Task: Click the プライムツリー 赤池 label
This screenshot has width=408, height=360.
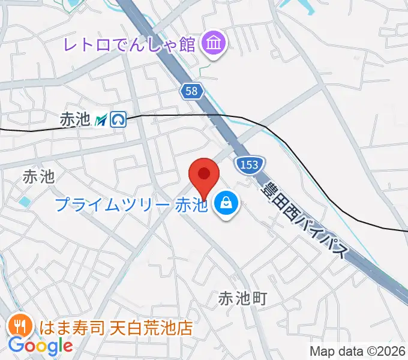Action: pyautogui.click(x=131, y=205)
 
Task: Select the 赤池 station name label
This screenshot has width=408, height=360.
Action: pyautogui.click(x=74, y=120)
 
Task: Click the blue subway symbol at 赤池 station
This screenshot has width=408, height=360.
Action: pyautogui.click(x=118, y=120)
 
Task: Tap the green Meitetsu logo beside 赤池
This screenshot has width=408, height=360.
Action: pyautogui.click(x=101, y=120)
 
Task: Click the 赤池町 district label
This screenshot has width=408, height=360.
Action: pyautogui.click(x=242, y=298)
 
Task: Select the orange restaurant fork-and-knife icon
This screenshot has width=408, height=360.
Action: pyautogui.click(x=19, y=326)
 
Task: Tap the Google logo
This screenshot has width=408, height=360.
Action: pyautogui.click(x=40, y=346)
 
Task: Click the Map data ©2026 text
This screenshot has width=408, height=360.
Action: pyautogui.click(x=358, y=351)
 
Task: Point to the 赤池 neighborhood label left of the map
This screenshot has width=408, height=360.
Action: pyautogui.click(x=38, y=176)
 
